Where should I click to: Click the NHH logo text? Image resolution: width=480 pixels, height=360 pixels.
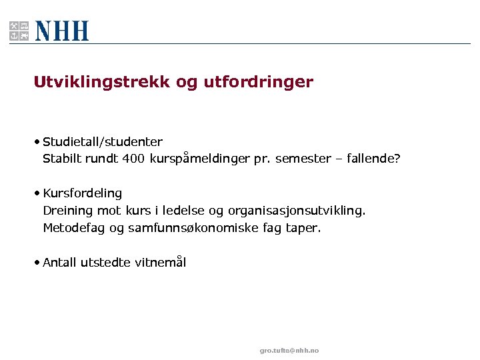[61, 31]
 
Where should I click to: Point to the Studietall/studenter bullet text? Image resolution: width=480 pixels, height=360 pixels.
[103, 141]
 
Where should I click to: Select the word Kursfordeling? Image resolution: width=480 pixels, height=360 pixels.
[83, 193]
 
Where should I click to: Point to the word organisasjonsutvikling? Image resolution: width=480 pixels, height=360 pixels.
[297, 211]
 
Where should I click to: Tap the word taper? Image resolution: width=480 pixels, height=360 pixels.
[303, 229]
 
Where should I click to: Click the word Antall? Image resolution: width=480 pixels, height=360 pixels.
[60, 262]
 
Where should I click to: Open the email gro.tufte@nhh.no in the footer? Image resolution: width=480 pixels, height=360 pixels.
[289, 351]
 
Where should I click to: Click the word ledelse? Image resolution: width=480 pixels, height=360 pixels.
[184, 211]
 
